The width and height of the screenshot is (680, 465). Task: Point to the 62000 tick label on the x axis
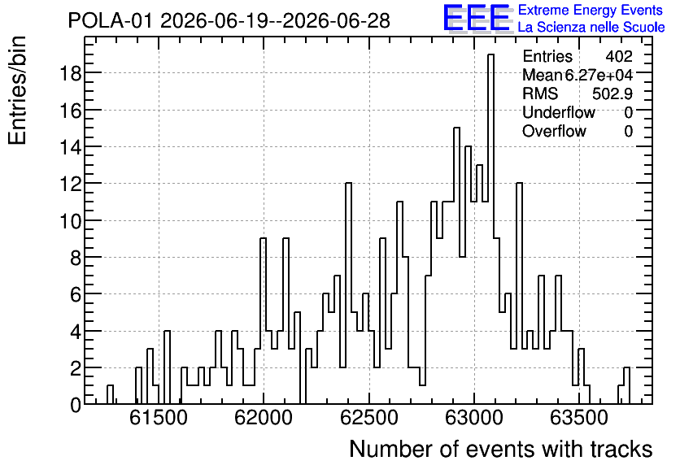[264, 419]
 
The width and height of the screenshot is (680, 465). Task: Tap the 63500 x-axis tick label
[579, 419]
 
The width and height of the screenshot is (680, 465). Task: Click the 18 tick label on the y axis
[70, 73]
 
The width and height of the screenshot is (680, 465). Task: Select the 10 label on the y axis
[70, 221]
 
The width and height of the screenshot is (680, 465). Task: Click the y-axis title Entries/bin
[17, 90]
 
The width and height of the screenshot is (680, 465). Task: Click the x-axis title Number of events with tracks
[501, 449]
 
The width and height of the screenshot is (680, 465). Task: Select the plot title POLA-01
[111, 21]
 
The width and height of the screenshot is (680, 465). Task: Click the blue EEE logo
[477, 18]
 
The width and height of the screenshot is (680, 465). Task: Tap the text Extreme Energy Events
[591, 10]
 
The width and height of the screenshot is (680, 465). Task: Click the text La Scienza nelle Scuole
[591, 28]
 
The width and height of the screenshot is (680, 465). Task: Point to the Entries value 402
[619, 56]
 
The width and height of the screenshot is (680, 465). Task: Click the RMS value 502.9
[612, 93]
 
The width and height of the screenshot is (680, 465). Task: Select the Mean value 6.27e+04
[599, 75]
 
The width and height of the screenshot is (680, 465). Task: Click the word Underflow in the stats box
[559, 112]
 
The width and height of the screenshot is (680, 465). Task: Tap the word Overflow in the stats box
[554, 131]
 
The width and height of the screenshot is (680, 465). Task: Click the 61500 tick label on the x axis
[159, 419]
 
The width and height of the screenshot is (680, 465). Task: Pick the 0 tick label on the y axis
[76, 406]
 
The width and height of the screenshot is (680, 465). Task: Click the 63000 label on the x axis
[474, 419]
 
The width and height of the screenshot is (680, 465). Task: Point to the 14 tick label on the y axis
[70, 147]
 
